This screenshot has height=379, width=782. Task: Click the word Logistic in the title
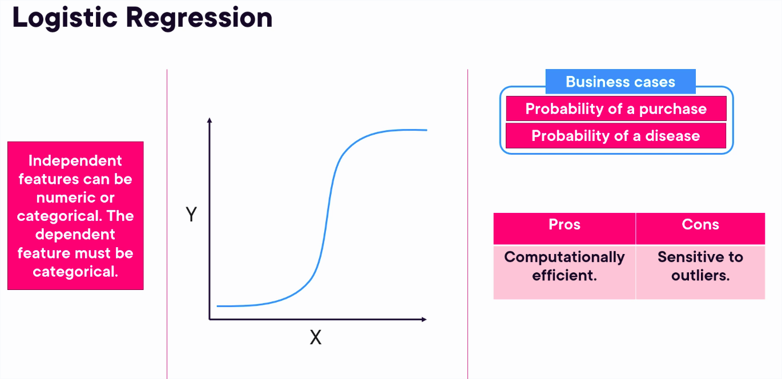[65, 19]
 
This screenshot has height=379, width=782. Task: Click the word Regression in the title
[199, 19]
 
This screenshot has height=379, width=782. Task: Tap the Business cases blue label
[620, 82]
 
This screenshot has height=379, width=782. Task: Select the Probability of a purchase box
[616, 108]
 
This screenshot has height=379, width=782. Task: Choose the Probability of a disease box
[616, 135]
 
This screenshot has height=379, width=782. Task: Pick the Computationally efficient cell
[565, 272]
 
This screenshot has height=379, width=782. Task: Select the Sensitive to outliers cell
[700, 272]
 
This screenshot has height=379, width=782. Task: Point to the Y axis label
[191, 214]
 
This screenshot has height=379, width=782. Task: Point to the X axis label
[316, 337]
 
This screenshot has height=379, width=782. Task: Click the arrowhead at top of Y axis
[209, 120]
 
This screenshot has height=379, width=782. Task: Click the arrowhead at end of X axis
[424, 319]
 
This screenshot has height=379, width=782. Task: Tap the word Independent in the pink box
[75, 161]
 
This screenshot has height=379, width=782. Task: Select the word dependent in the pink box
[75, 235]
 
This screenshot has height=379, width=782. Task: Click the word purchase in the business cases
[673, 109]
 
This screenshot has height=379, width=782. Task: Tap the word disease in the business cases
[672, 136]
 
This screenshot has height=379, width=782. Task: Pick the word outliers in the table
[700, 276]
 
